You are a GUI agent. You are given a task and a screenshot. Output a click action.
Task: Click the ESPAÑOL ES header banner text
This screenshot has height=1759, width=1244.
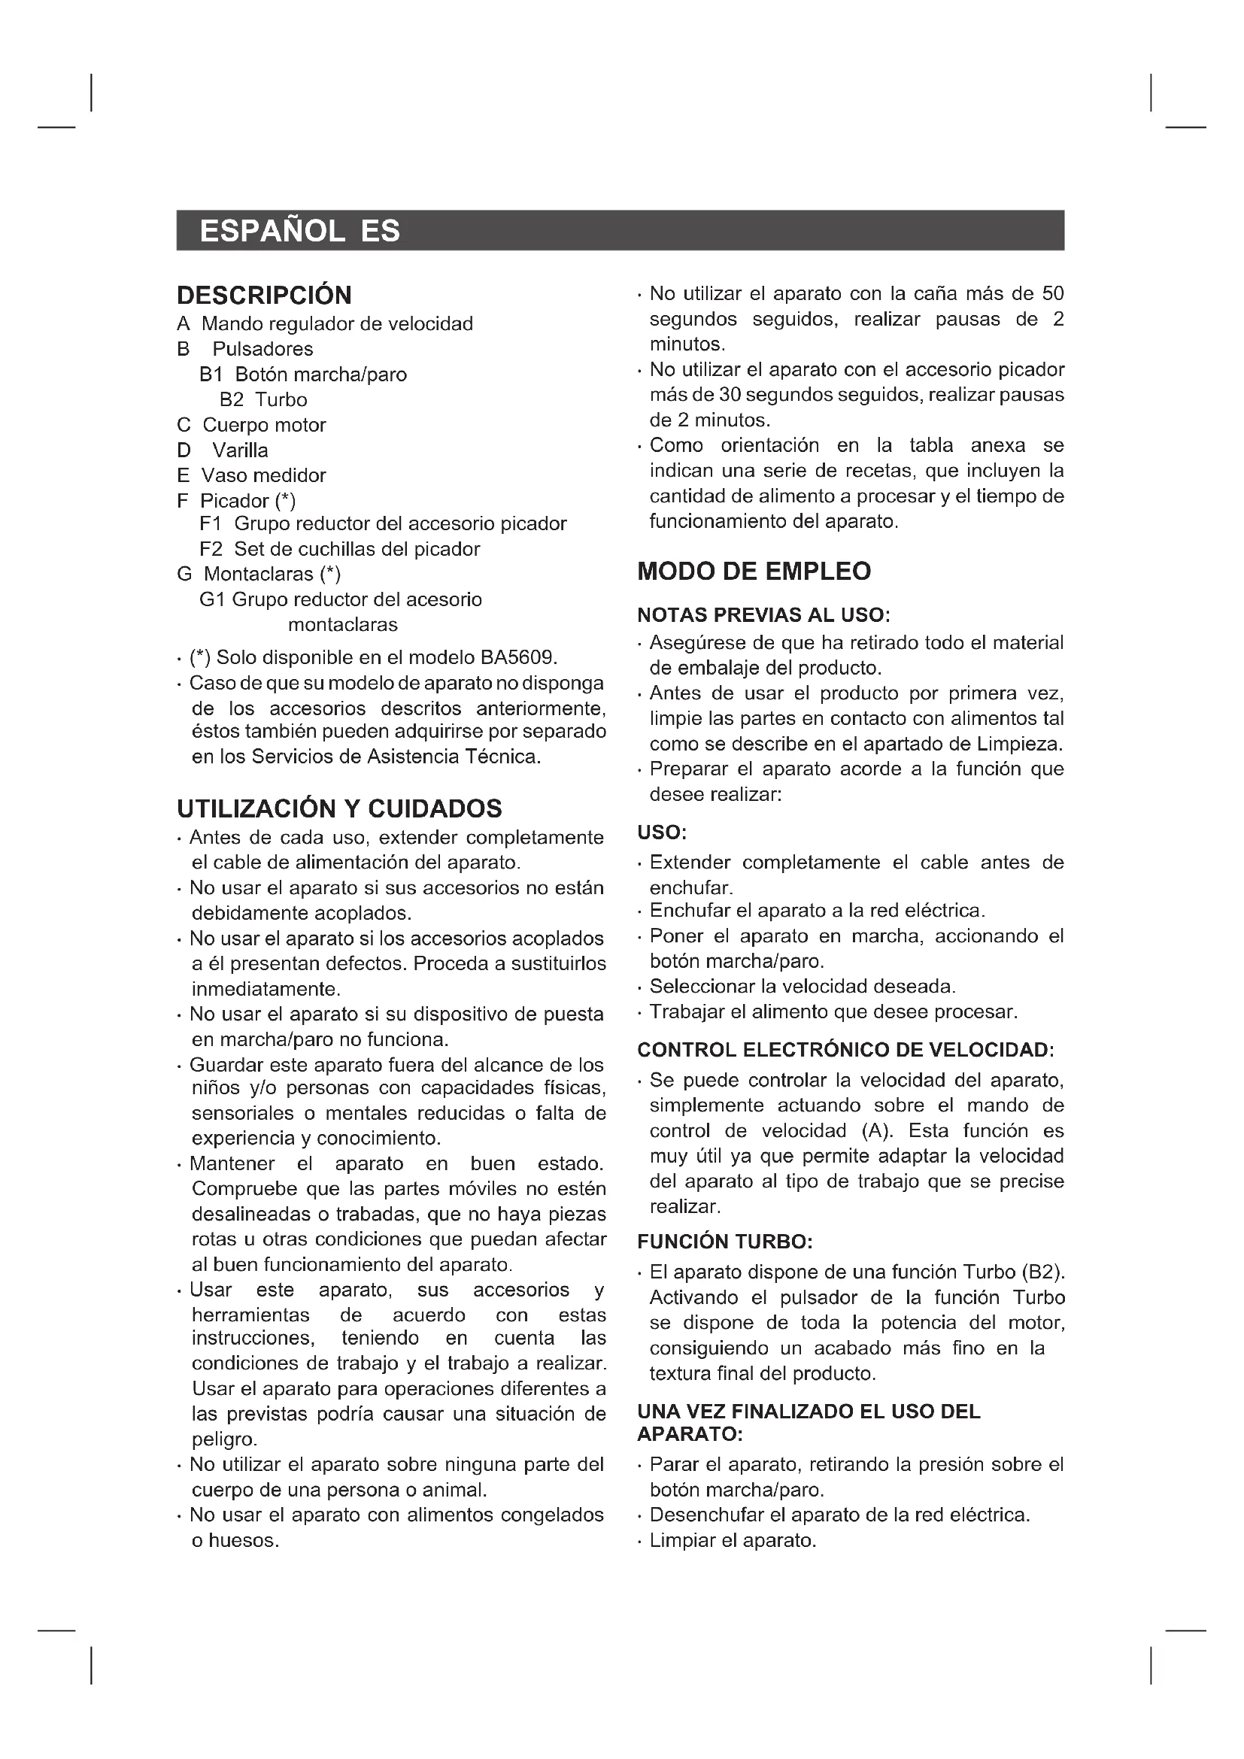pyautogui.click(x=299, y=231)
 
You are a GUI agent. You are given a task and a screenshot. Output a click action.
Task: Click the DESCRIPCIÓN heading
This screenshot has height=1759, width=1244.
pyautogui.click(x=264, y=295)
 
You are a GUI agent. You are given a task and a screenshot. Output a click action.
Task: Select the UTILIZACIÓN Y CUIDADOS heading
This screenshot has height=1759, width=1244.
pyautogui.click(x=339, y=808)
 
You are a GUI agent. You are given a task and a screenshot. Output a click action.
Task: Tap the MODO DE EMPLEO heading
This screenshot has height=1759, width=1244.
pyautogui.click(x=754, y=571)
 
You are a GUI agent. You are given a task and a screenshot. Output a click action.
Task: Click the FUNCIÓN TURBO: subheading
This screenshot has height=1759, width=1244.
pyautogui.click(x=724, y=1241)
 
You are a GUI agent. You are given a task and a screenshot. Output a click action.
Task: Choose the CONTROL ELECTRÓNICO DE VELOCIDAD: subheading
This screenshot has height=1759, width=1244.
pyautogui.click(x=845, y=1050)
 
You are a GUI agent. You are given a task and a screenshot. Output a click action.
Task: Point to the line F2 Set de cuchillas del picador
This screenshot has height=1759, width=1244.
pyautogui.click(x=339, y=549)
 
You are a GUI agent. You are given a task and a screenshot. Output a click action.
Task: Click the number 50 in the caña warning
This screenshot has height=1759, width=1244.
pyautogui.click(x=1052, y=294)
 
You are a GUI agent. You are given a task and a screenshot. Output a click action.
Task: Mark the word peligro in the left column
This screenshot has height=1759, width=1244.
pyautogui.click(x=223, y=1439)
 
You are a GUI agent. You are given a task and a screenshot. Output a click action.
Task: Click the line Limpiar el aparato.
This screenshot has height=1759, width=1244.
pyautogui.click(x=733, y=1541)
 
